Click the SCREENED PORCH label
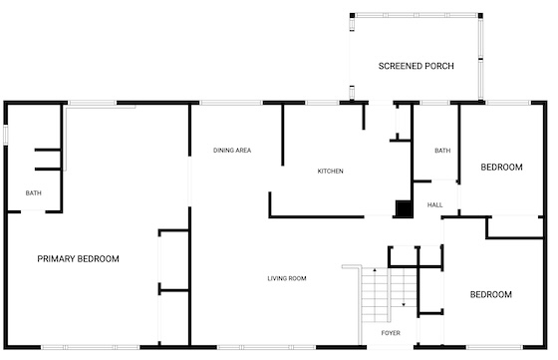(417, 66)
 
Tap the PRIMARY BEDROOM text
(79, 259)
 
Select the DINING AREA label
(232, 151)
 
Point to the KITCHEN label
(330, 172)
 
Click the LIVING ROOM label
(287, 278)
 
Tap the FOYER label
(391, 333)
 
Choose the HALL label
(434, 205)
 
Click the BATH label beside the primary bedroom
(34, 193)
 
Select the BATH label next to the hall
(442, 151)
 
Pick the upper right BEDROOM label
(502, 167)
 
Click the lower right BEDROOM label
(491, 294)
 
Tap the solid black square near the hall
(404, 208)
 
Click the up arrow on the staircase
(375, 271)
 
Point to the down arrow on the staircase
(404, 304)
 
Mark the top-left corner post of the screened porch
(353, 16)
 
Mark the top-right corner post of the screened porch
(480, 16)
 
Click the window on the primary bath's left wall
(6, 135)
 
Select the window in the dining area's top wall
(231, 103)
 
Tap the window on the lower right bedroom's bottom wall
(494, 347)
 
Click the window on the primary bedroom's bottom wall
(91, 347)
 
